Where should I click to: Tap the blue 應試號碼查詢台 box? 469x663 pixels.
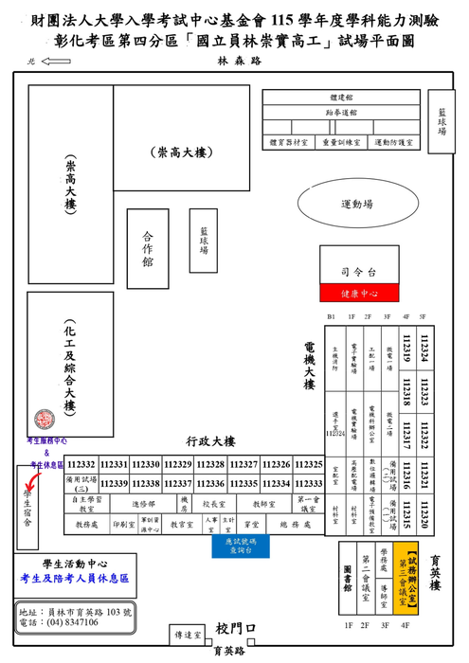240,547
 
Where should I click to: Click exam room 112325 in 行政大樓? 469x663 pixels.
309,464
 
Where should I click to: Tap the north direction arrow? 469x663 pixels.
58,63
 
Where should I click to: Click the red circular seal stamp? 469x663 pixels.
44,420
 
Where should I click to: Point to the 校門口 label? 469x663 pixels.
236,629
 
